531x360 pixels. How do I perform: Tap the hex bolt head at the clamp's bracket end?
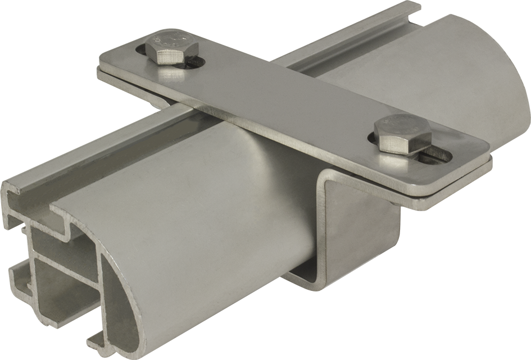point(403,134)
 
